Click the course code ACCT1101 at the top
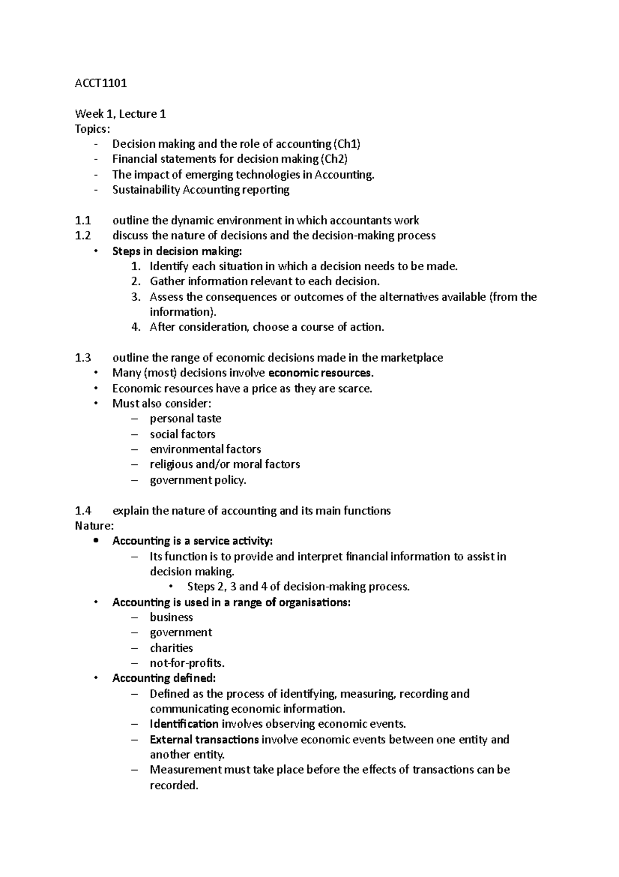(101, 83)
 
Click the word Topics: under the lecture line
(92, 129)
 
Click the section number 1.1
(83, 221)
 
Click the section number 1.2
(83, 236)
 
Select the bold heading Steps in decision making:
(176, 252)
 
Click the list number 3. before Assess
(136, 297)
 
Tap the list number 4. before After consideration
(136, 327)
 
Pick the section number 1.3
(83, 357)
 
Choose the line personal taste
(185, 419)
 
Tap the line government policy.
(198, 480)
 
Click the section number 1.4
(83, 511)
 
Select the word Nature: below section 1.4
(94, 526)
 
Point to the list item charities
(171, 648)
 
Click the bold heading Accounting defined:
(164, 678)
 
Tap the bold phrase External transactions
(204, 740)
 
